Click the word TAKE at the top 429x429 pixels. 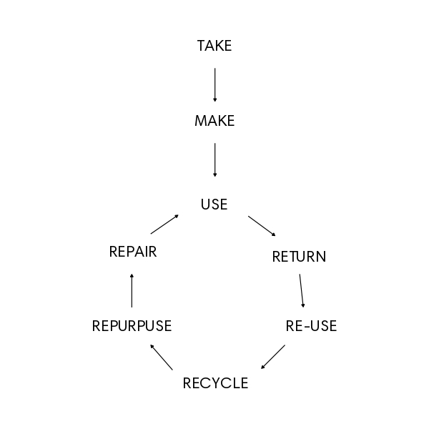click(x=214, y=46)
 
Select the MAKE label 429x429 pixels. click(x=214, y=122)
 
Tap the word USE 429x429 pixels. click(x=214, y=204)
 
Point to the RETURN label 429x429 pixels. click(x=299, y=257)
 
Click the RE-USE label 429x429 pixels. click(x=311, y=327)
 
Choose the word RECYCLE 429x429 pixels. click(x=215, y=383)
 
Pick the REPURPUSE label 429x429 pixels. click(x=132, y=327)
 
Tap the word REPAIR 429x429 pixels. click(x=133, y=252)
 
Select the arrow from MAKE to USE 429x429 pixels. click(x=214, y=160)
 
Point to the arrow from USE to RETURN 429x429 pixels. click(x=262, y=225)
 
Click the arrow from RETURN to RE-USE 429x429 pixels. click(x=302, y=291)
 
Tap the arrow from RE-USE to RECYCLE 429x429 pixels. click(x=273, y=357)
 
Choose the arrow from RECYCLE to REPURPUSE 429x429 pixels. click(x=162, y=357)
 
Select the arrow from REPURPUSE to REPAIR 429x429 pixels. click(x=132, y=290)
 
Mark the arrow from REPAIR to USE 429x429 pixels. click(x=164, y=224)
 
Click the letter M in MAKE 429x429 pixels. click(x=201, y=122)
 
